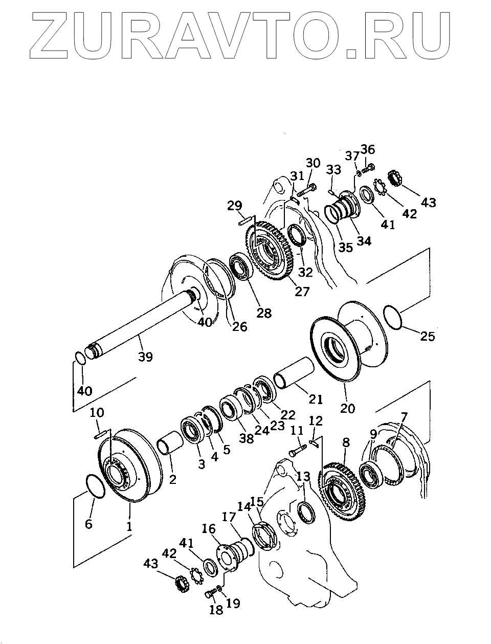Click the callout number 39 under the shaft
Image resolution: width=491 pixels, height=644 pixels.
(146, 356)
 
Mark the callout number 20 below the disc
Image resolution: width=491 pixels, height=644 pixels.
(347, 409)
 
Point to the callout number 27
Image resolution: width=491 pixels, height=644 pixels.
(302, 291)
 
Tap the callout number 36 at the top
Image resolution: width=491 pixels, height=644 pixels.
(368, 149)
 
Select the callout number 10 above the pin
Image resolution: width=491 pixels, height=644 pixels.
(97, 413)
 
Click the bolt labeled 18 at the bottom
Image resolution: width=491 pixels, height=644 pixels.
(210, 594)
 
